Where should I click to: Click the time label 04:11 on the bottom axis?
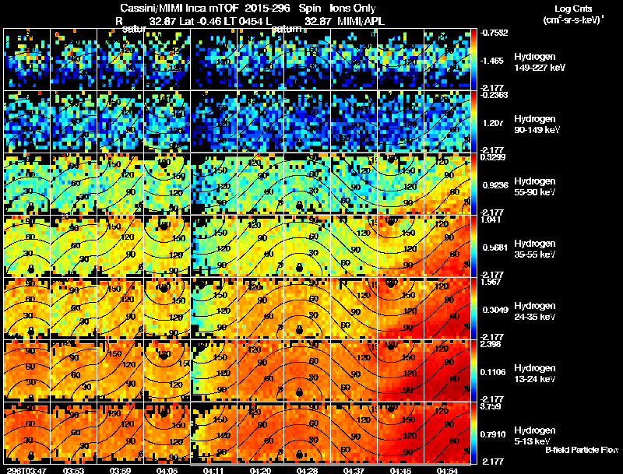tap(213, 469)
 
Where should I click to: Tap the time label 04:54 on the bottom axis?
tap(447, 469)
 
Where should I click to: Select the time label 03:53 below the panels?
tap(73, 469)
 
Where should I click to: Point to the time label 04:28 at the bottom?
tap(307, 469)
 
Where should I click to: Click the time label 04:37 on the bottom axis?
tap(354, 469)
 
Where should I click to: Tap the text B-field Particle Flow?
tap(581, 450)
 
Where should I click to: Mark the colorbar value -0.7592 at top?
tap(495, 33)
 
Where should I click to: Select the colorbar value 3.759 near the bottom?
tap(492, 406)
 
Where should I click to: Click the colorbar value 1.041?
tap(492, 220)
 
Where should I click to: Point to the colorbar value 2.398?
tap(492, 345)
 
